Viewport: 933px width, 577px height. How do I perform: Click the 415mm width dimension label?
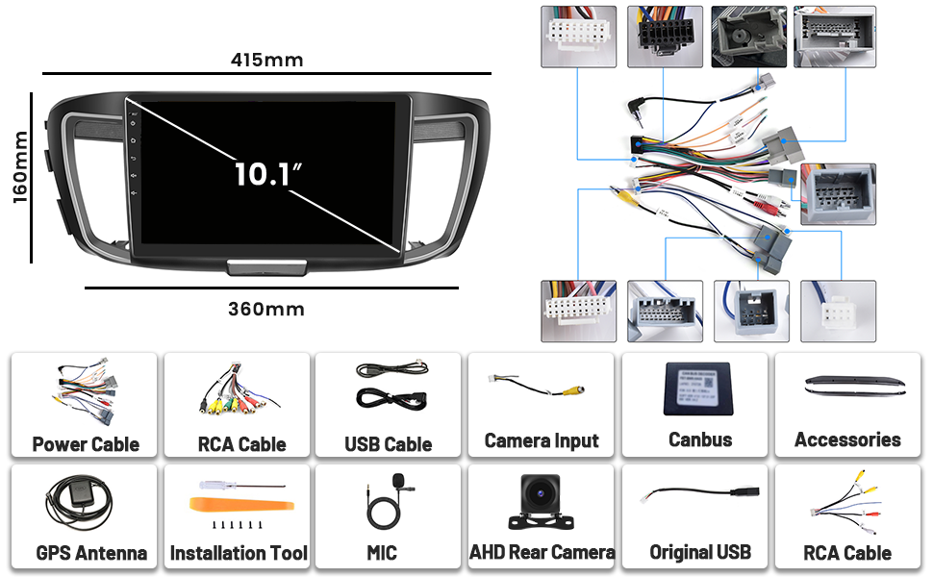[x=266, y=60]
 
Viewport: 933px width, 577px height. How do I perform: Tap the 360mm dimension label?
[x=266, y=309]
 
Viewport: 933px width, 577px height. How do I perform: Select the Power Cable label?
[x=86, y=444]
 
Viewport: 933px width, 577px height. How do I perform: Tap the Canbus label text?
[x=700, y=439]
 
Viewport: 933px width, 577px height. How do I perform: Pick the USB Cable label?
[x=388, y=444]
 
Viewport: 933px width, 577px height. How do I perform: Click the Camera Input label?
[x=542, y=440]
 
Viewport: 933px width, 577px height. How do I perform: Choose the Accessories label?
[x=847, y=439]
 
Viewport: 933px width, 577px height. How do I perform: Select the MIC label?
[x=381, y=553]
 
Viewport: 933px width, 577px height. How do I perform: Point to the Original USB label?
[x=700, y=553]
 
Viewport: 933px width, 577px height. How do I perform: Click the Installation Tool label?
[x=239, y=553]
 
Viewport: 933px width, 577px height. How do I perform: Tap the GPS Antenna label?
[x=91, y=553]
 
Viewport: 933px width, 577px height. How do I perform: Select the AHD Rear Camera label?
[x=542, y=552]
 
